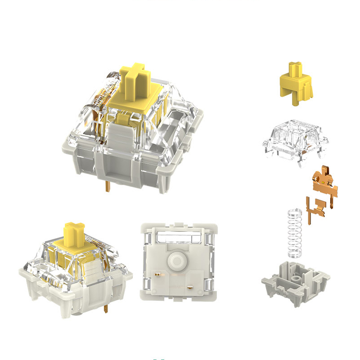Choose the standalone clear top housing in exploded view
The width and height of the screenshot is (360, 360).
[294, 139]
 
